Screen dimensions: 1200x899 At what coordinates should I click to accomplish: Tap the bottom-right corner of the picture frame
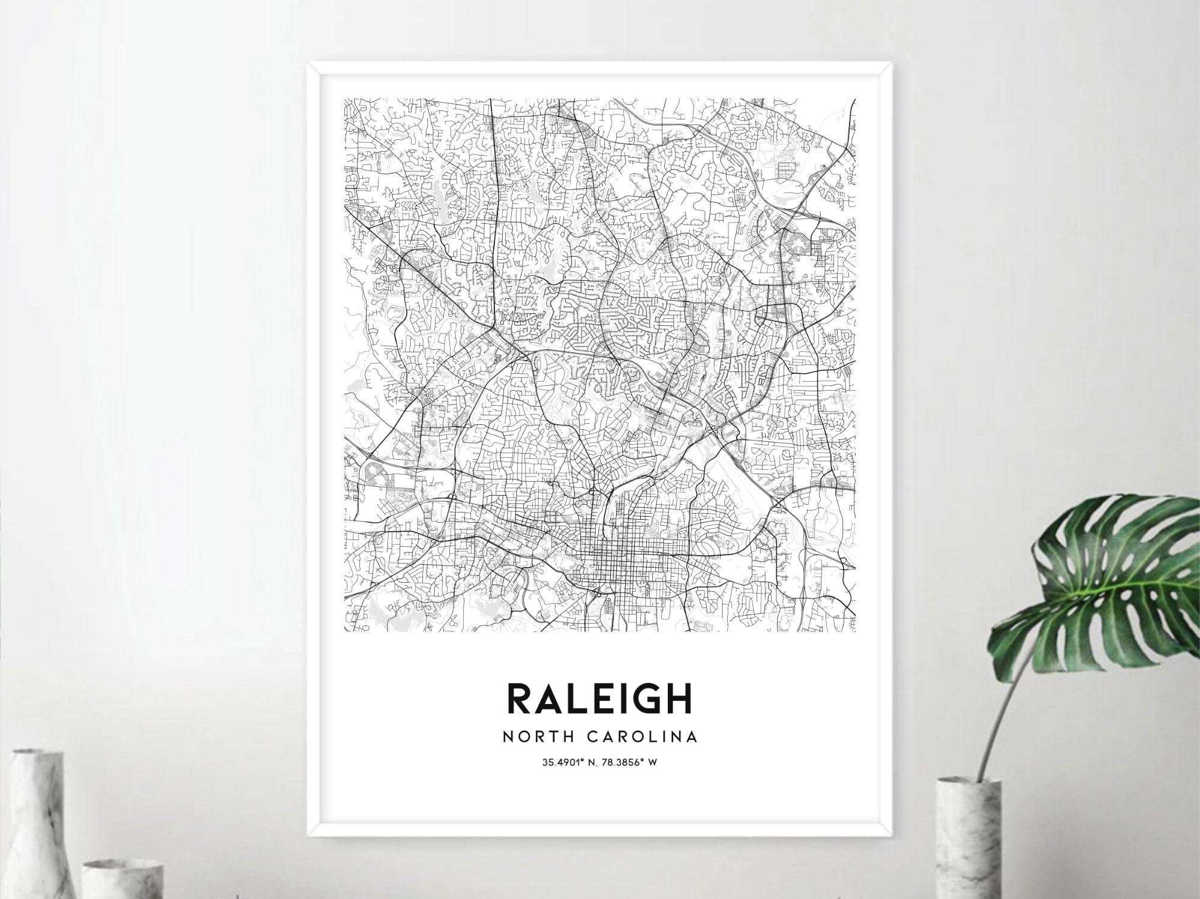coord(891,835)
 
